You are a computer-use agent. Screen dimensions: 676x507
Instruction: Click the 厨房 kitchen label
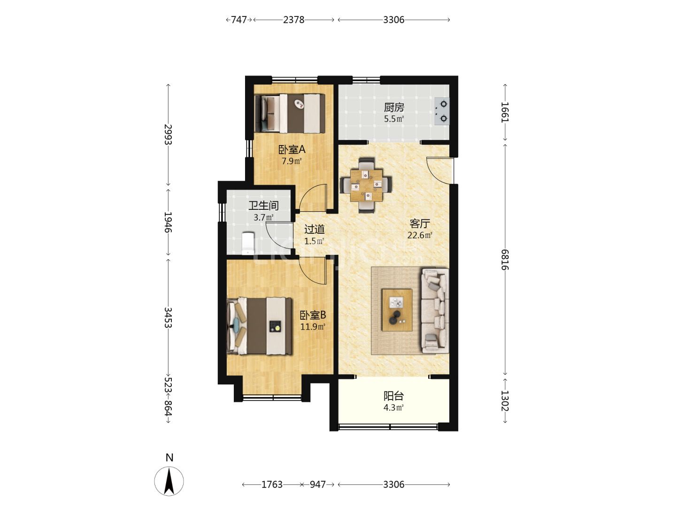click(x=393, y=108)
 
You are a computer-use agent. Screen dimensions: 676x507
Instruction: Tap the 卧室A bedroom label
click(x=292, y=150)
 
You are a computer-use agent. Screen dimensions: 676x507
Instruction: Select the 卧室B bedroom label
click(x=313, y=315)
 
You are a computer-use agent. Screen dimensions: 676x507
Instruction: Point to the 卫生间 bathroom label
click(x=264, y=205)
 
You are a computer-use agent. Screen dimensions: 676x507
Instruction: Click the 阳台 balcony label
click(x=393, y=396)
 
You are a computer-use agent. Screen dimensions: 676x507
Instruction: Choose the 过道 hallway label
click(x=314, y=230)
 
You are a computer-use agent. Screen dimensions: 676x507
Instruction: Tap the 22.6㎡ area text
click(x=420, y=235)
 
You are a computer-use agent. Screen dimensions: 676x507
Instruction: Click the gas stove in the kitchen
click(x=442, y=111)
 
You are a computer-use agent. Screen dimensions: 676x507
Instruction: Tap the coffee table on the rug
click(x=397, y=310)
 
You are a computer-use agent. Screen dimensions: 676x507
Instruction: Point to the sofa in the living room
click(x=435, y=311)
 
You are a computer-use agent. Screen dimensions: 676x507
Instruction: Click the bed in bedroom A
click(x=290, y=113)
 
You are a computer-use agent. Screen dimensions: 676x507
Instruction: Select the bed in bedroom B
click(x=259, y=326)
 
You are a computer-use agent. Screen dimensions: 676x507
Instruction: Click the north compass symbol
click(x=169, y=481)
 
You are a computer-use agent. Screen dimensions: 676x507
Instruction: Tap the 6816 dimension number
click(x=505, y=260)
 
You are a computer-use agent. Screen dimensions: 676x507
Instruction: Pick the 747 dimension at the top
click(x=239, y=20)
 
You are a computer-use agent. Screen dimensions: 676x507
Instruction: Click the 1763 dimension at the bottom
click(x=272, y=484)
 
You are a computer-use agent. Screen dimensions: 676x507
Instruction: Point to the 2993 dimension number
click(x=168, y=134)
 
